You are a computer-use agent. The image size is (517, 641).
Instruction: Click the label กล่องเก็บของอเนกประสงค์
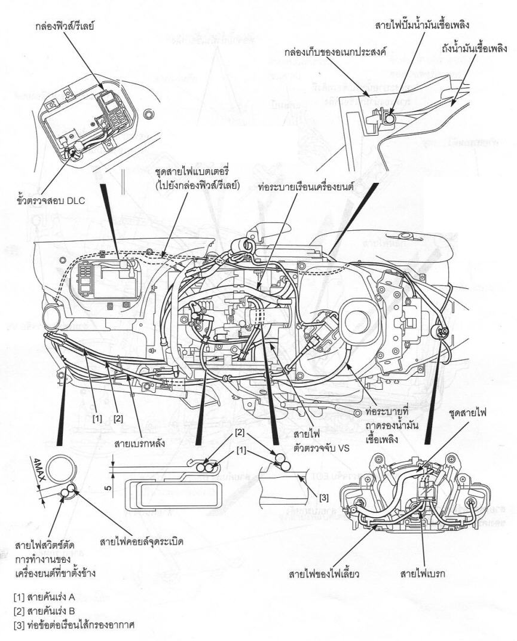tap(335, 51)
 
